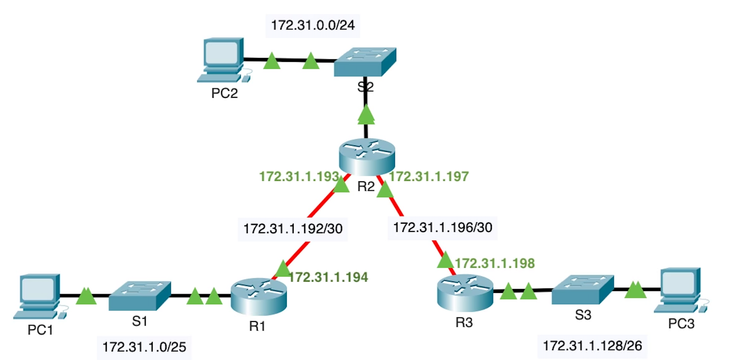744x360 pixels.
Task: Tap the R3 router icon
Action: pyautogui.click(x=465, y=292)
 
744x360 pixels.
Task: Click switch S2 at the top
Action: pyautogui.click(x=365, y=62)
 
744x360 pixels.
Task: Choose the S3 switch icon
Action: pyautogui.click(x=583, y=289)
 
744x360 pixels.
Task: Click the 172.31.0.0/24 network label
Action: pyautogui.click(x=313, y=25)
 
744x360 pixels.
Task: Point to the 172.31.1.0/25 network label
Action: pyautogui.click(x=144, y=347)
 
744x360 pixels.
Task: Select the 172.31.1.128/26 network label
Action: pyautogui.click(x=592, y=346)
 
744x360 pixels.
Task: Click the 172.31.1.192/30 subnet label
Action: pyautogui.click(x=293, y=228)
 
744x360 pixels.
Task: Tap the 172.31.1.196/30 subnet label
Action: pyautogui.click(x=443, y=228)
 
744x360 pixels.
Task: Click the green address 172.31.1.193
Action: pyautogui.click(x=299, y=177)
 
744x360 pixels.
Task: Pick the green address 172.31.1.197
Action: pyautogui.click(x=429, y=177)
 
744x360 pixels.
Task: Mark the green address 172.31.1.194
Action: pyautogui.click(x=328, y=277)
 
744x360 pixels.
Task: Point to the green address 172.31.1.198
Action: pyautogui.click(x=495, y=263)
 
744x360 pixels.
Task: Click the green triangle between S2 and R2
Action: pyautogui.click(x=366, y=115)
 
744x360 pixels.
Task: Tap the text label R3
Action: pyautogui.click(x=464, y=322)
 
